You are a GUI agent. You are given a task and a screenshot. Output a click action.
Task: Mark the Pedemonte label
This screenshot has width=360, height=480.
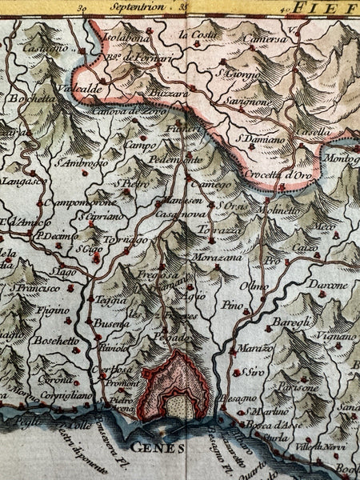point(174,161)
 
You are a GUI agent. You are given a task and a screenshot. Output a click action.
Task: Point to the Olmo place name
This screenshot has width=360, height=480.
point(258,287)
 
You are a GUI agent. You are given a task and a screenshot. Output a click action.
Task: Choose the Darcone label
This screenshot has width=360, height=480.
point(330,284)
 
